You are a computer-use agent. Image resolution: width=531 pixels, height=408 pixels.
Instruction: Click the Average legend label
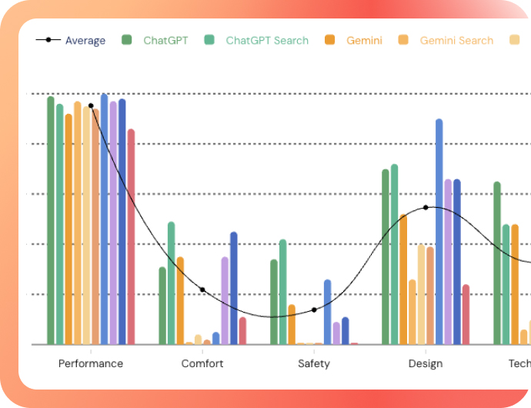coord(85,41)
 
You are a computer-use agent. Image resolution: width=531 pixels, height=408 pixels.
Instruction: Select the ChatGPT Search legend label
coord(266,41)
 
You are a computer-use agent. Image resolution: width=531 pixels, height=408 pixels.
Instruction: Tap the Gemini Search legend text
coord(456,41)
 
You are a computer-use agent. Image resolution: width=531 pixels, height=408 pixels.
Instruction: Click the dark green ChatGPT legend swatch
coord(128,40)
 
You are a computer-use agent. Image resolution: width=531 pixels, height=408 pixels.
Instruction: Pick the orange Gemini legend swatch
coord(330,40)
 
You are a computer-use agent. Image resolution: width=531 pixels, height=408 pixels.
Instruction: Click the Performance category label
coord(91,363)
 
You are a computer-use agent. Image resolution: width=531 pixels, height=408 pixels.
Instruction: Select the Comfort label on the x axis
coord(202,363)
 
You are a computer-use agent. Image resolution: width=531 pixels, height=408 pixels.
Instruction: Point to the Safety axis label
coord(314,363)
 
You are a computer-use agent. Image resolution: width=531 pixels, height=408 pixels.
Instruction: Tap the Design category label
coord(426,363)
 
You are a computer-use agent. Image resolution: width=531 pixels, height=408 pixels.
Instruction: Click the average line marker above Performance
coord(91,105)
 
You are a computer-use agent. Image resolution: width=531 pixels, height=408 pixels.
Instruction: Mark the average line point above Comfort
coord(202,289)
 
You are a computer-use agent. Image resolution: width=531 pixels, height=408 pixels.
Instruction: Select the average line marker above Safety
coord(314,309)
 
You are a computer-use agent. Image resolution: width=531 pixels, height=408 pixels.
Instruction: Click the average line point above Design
coord(426,207)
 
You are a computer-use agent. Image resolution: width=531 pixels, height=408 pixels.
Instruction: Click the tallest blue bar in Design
coord(439,231)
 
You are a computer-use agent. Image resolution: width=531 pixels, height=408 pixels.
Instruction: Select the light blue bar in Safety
coord(328,312)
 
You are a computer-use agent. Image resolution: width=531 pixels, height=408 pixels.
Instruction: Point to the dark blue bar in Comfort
coord(234,288)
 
